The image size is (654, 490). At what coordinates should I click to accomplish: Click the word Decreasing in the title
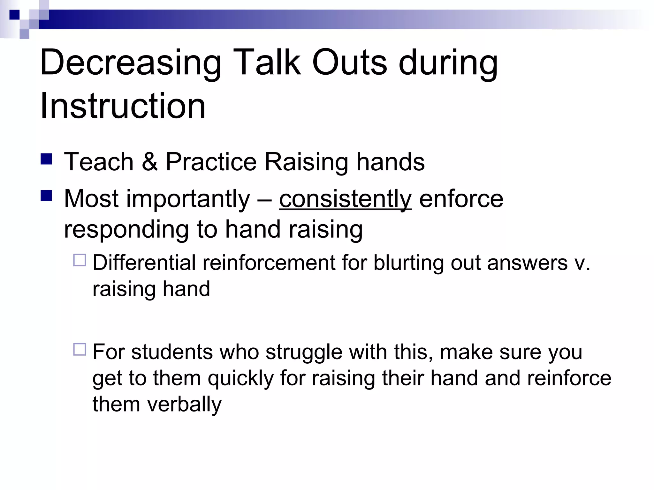(x=130, y=63)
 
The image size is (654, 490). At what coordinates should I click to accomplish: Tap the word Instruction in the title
(x=123, y=106)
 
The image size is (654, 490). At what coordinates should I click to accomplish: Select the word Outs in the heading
(x=349, y=63)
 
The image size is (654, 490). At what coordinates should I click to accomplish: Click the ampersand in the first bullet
(x=149, y=162)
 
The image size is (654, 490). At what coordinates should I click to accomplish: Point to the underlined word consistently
(x=345, y=199)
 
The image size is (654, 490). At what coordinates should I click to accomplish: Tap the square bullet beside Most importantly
(x=46, y=196)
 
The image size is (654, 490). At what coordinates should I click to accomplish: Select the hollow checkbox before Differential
(x=80, y=260)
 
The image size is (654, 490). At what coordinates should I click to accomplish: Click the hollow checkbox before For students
(x=80, y=349)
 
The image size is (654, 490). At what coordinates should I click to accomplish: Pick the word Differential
(x=144, y=263)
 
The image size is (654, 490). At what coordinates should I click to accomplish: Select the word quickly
(x=241, y=379)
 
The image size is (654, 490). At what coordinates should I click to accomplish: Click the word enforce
(x=461, y=199)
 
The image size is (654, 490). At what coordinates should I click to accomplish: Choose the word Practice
(x=211, y=162)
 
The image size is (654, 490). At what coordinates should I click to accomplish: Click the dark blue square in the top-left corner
(x=15, y=15)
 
